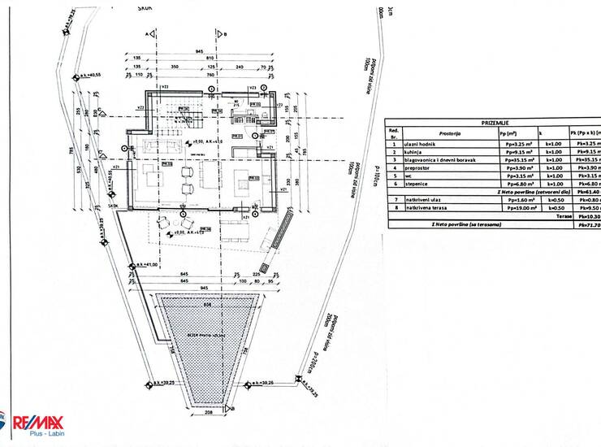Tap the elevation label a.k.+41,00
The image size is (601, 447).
click(151, 265)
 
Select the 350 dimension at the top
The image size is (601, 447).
click(174, 67)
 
